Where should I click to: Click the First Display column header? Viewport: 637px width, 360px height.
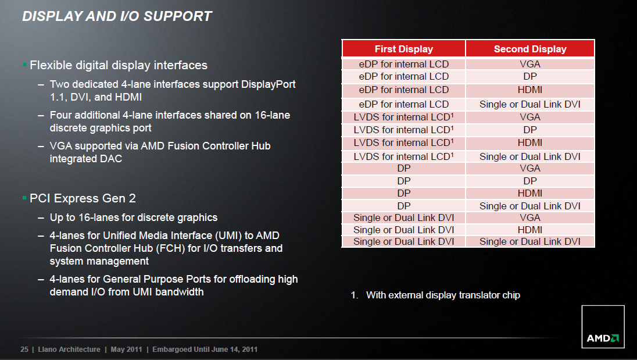(x=404, y=49)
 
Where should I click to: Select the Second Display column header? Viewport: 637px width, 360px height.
(x=530, y=49)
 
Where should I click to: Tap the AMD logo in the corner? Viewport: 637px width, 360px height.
(x=603, y=327)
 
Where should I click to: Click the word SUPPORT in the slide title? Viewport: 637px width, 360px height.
(x=177, y=16)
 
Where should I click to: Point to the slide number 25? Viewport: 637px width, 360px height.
(x=24, y=350)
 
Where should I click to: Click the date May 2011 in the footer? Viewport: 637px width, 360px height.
(x=126, y=350)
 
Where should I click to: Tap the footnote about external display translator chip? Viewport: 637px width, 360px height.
(x=435, y=295)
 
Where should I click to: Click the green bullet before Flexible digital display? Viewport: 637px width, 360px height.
(x=25, y=65)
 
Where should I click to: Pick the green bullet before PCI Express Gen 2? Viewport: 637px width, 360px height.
(x=25, y=198)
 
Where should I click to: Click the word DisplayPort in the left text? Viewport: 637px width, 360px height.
(x=268, y=84)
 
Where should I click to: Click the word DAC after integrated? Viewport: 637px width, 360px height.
(x=110, y=158)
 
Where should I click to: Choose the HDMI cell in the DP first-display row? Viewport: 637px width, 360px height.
(x=530, y=194)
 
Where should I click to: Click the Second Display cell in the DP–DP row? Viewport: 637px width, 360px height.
(x=530, y=181)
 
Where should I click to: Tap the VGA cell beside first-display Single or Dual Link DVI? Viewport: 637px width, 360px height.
(x=530, y=218)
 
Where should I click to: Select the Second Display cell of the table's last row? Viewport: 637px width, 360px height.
(x=530, y=241)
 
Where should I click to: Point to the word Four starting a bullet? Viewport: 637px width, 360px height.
(x=60, y=115)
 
